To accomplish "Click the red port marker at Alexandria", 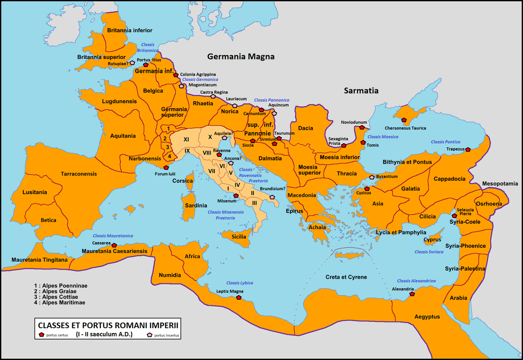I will click(x=412, y=294).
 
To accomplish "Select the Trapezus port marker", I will click(x=468, y=149).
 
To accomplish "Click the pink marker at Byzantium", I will click(x=372, y=177).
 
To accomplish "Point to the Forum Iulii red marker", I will click(x=166, y=167).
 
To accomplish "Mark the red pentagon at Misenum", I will click(x=236, y=195).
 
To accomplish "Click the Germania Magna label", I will click(x=241, y=57).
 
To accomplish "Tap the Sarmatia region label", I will click(x=361, y=90).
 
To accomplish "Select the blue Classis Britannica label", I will click(x=147, y=48).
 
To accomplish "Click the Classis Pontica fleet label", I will click(x=446, y=142).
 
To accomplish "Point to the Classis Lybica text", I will click(x=240, y=283).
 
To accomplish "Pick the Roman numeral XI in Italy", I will click(x=186, y=139).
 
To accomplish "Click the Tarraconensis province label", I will click(x=78, y=174).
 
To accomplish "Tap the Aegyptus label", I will click(x=427, y=317).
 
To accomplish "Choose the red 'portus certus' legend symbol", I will click(x=42, y=335).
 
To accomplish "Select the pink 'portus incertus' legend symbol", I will click(x=150, y=335).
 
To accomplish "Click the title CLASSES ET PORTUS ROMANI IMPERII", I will click(x=108, y=326).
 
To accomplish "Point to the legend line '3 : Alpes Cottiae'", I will click(x=56, y=297).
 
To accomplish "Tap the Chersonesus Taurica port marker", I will click(x=404, y=120).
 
